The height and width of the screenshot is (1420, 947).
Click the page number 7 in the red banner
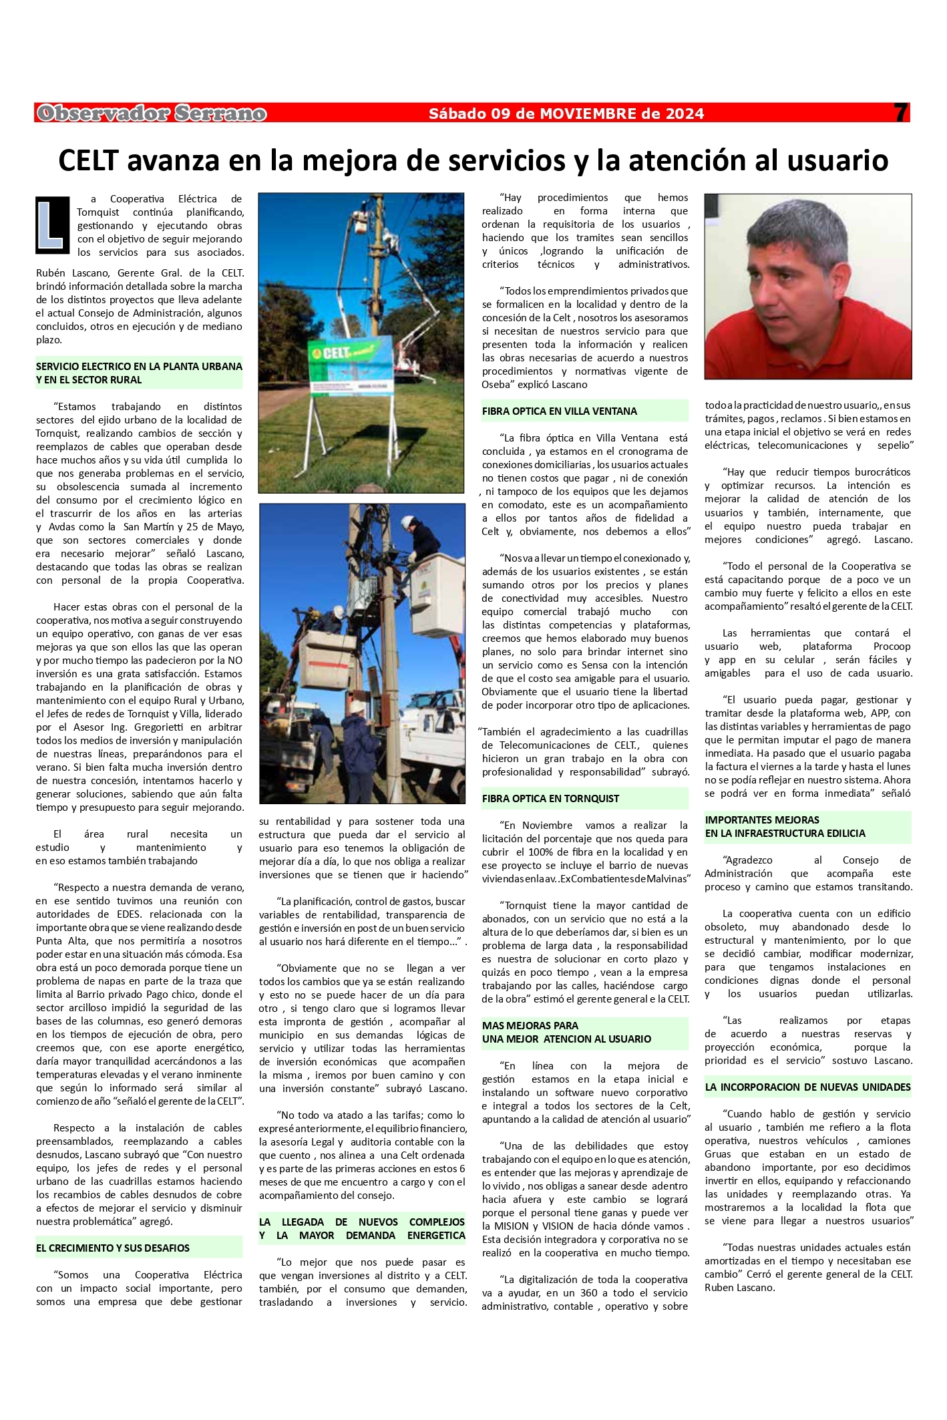tap(900, 113)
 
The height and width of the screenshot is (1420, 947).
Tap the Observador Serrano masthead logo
tap(152, 114)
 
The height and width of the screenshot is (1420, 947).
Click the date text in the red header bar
tap(566, 114)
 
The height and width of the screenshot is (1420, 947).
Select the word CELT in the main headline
tap(88, 161)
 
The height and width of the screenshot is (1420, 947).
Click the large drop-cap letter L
tap(53, 224)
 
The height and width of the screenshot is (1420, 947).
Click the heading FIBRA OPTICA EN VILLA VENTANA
tap(559, 411)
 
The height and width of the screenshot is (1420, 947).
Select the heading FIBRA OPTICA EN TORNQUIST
tap(550, 798)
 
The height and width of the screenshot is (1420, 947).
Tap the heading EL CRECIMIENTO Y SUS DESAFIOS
tap(113, 1248)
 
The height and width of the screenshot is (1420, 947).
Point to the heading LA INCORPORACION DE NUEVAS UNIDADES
tap(807, 1087)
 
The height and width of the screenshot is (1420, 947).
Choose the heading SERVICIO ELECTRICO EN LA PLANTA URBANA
tap(139, 373)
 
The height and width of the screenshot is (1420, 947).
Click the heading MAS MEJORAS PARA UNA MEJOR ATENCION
tap(566, 1032)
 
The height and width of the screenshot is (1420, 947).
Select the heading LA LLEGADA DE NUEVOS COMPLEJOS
tap(362, 1228)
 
